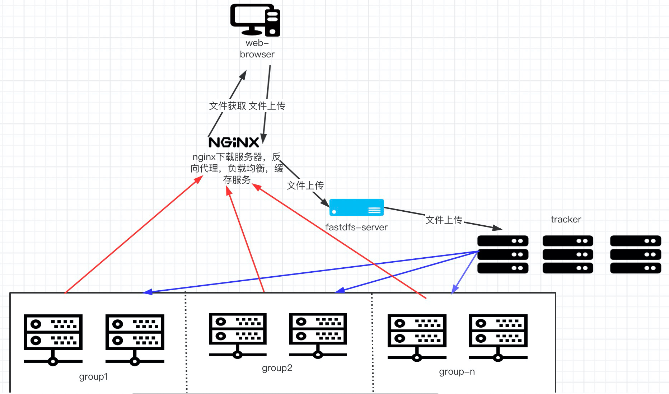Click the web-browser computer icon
pyautogui.click(x=255, y=20)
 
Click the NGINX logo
pyautogui.click(x=234, y=142)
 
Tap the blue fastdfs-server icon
pyautogui.click(x=356, y=207)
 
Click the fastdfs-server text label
pyautogui.click(x=356, y=227)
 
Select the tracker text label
pyautogui.click(x=566, y=219)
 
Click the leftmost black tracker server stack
pyautogui.click(x=502, y=254)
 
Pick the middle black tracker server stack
pyautogui.click(x=567, y=254)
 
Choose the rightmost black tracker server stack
pyautogui.click(x=635, y=254)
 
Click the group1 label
pyautogui.click(x=93, y=376)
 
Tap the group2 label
pyautogui.click(x=277, y=368)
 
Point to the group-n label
pyautogui.click(x=457, y=371)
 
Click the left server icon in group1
pyautogui.click(x=53, y=339)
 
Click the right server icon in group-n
pyautogui.click(x=498, y=337)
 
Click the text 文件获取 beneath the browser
pyautogui.click(x=228, y=106)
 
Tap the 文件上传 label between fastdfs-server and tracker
pyautogui.click(x=444, y=220)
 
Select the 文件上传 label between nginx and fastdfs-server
pyautogui.click(x=305, y=186)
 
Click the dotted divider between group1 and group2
pyautogui.click(x=186, y=341)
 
